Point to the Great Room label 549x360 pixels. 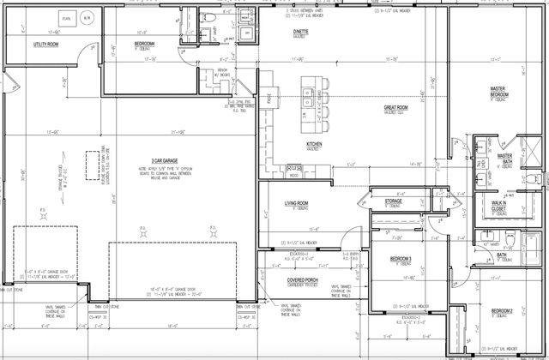tap(395, 107)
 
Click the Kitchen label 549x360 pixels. tap(314, 144)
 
